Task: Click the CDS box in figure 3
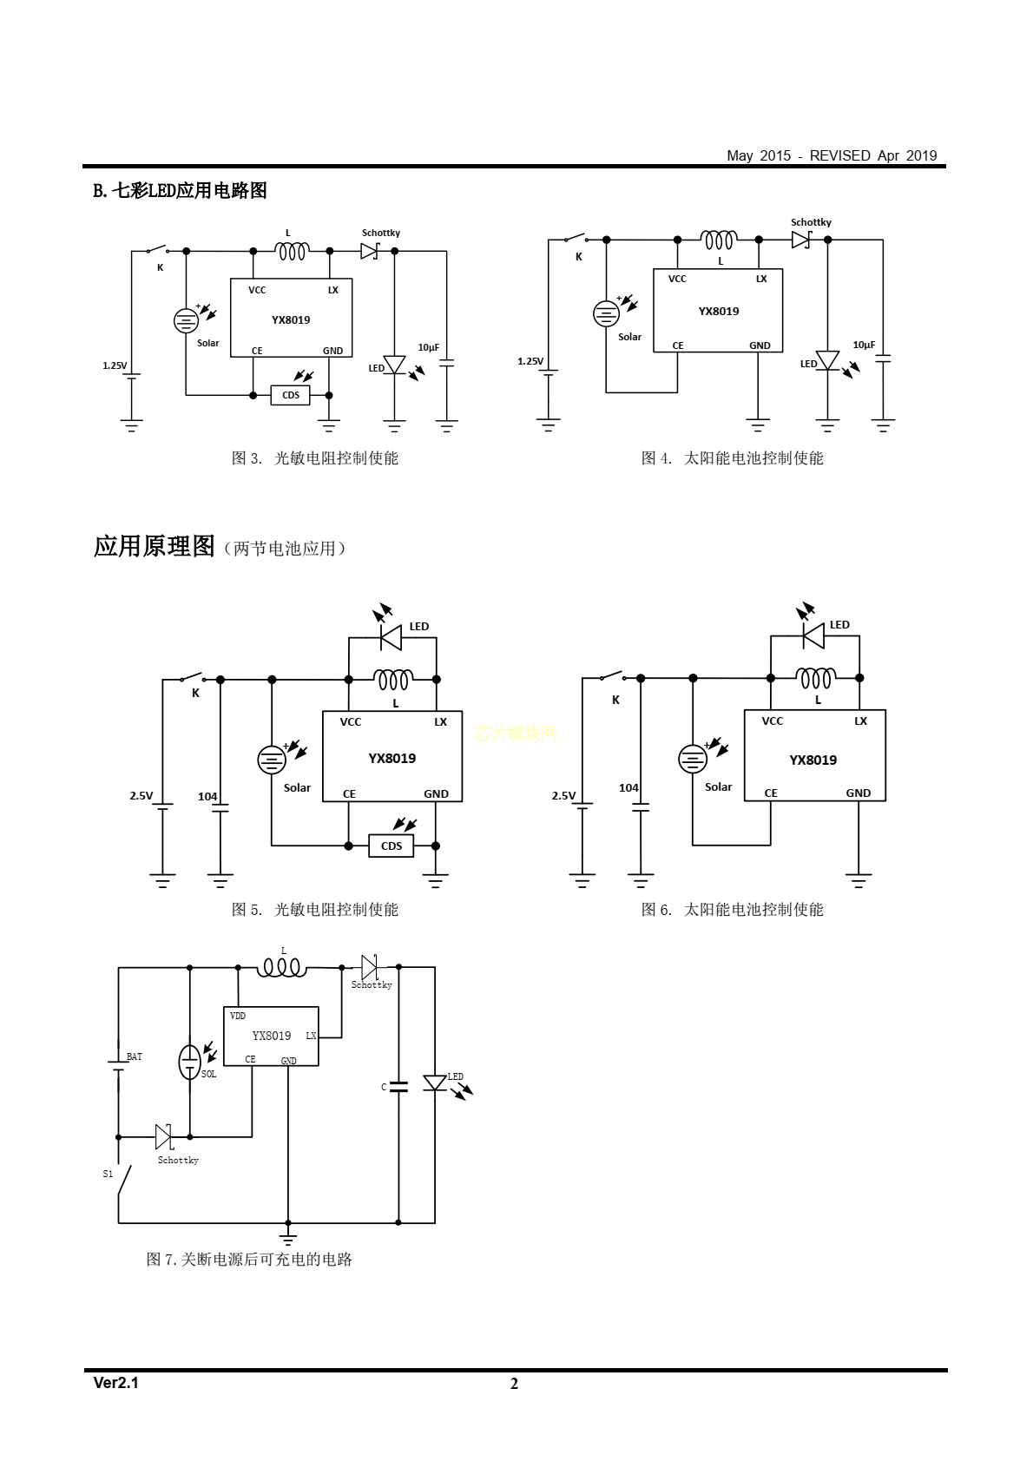pos(291,395)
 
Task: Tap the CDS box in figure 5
pos(391,846)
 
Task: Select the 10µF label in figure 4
pos(864,345)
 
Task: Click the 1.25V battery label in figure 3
pos(115,365)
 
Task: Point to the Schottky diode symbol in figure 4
pos(801,240)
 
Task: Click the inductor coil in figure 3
pos(292,251)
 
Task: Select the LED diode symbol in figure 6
pos(814,636)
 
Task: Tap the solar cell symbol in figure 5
pos(272,760)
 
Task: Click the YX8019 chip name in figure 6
pos(813,760)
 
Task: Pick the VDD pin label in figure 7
pos(238,1016)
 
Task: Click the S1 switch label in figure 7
pos(108,1174)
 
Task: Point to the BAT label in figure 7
pos(135,1056)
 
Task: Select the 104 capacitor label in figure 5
pos(207,796)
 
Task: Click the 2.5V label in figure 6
pos(563,795)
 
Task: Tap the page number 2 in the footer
pos(514,1384)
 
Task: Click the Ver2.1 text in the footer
pos(115,1383)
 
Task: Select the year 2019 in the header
pos(921,155)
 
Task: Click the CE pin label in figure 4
pos(678,346)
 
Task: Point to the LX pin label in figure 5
pos(441,721)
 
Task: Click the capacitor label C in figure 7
pos(384,1087)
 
